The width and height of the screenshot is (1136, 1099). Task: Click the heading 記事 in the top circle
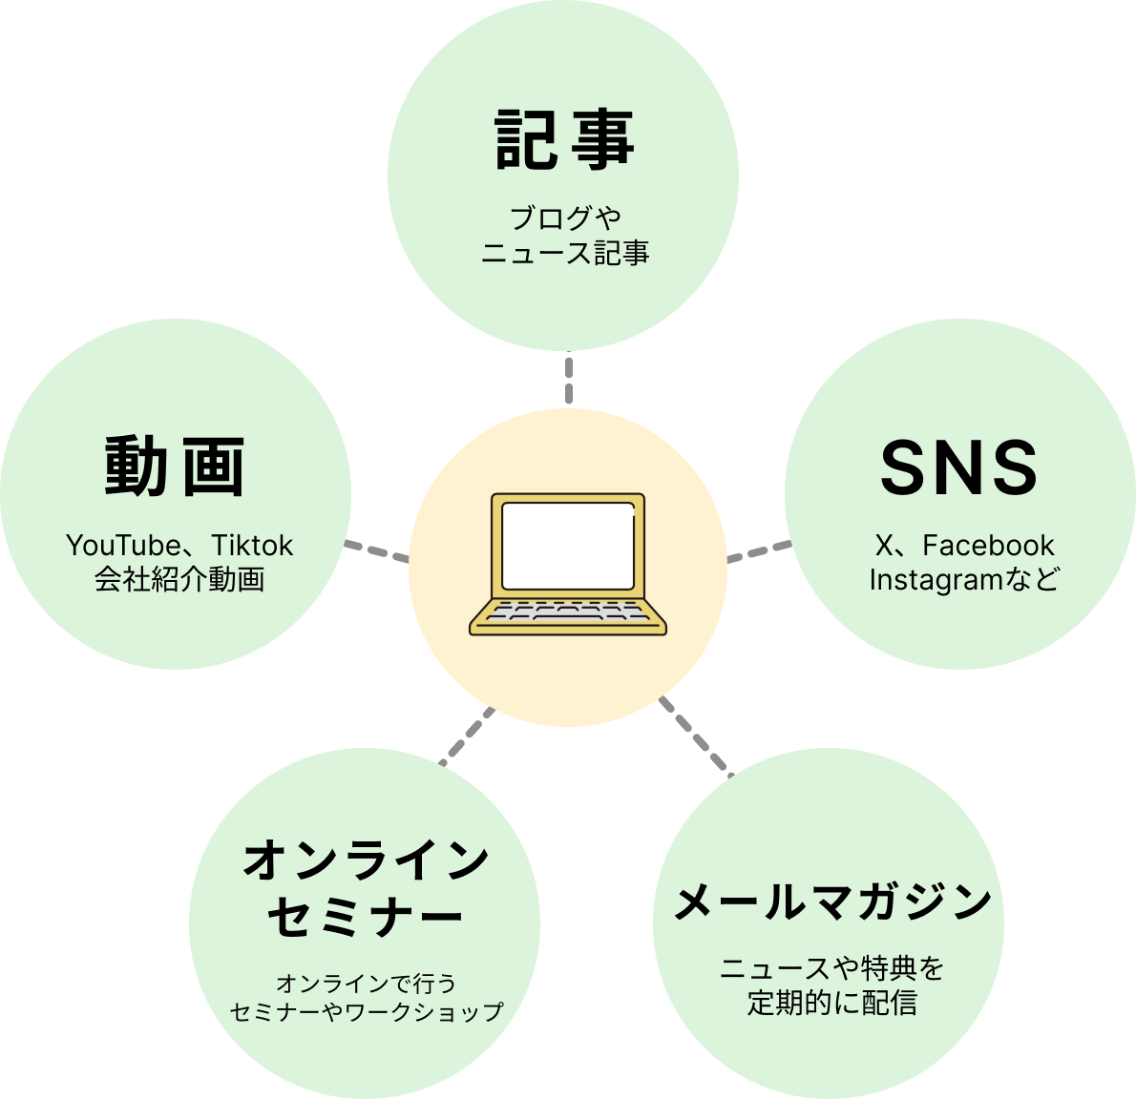[x=564, y=140]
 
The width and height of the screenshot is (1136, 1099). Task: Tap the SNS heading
[x=957, y=468]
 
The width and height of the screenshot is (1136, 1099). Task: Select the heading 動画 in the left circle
[x=175, y=467]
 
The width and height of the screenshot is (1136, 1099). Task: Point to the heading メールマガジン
[x=832, y=902]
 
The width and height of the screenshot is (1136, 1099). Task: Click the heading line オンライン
[x=366, y=861]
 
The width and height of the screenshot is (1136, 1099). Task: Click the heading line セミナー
[x=366, y=917]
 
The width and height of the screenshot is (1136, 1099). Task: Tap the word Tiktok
[x=252, y=546]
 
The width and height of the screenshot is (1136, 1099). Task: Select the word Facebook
[x=988, y=546]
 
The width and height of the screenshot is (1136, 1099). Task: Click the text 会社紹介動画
[x=179, y=579]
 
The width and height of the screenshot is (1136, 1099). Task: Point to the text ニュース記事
[x=565, y=253]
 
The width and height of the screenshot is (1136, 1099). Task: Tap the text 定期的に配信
[x=831, y=1003]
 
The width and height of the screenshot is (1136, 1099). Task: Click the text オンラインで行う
[x=366, y=983]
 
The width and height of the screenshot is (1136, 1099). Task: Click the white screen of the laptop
[x=568, y=545]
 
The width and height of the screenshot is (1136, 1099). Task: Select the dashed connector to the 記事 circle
[x=568, y=379]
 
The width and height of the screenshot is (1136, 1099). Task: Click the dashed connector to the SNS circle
[x=759, y=551]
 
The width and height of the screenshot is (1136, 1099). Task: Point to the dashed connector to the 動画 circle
[x=376, y=551]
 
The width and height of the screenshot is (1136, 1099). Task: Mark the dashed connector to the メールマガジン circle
[x=694, y=736]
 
